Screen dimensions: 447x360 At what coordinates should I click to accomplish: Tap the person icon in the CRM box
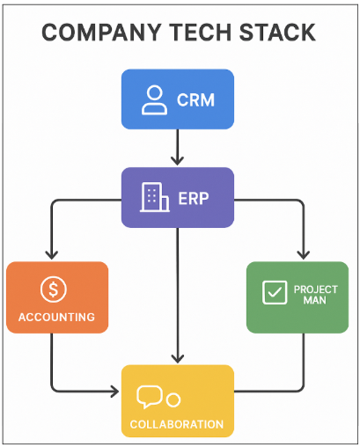point(154,99)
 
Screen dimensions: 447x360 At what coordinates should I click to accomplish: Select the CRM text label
point(195,99)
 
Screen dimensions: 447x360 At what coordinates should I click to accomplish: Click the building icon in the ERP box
point(154,197)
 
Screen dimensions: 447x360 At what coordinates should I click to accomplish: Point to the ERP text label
point(195,198)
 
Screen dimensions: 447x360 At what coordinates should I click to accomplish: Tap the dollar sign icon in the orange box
point(52,289)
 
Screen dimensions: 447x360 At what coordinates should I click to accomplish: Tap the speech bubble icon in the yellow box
point(150,398)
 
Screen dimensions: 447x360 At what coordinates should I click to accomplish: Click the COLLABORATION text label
point(177,425)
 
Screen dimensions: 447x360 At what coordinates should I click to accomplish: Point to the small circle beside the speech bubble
point(173,400)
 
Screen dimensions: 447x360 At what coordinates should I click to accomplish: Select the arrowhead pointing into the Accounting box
point(51,254)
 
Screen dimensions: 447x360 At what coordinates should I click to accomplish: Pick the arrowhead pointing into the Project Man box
point(303,254)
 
